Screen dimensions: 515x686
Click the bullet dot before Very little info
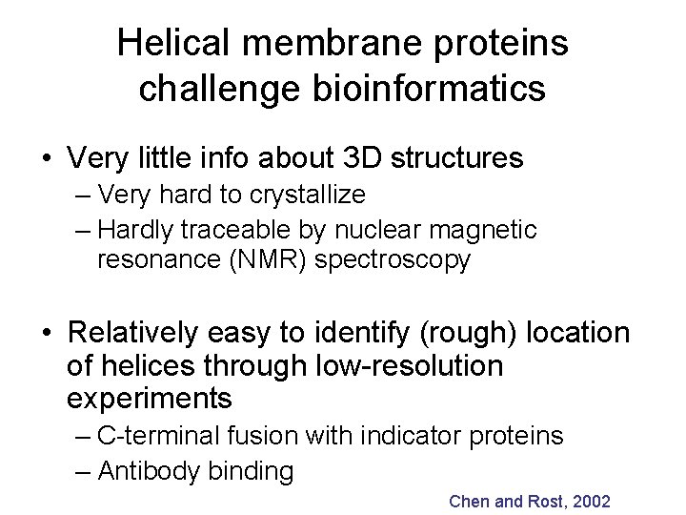pyautogui.click(x=44, y=158)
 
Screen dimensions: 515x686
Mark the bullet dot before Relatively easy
pyautogui.click(x=44, y=334)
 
